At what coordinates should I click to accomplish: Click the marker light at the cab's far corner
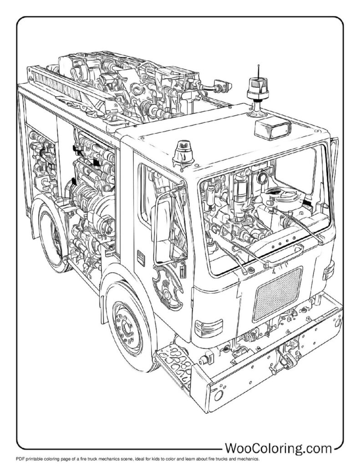[328, 271]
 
